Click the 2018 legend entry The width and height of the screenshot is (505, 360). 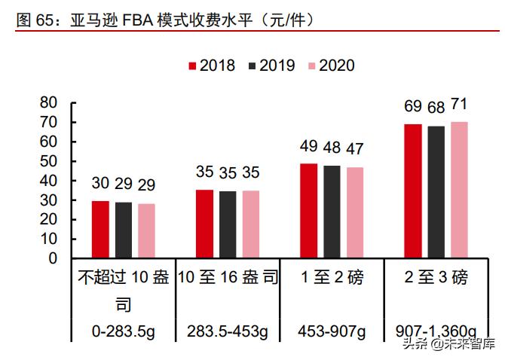coord(211,66)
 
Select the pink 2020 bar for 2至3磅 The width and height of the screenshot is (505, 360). coord(459,190)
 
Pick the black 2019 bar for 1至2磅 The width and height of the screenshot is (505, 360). coord(332,212)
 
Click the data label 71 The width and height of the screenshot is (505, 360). coord(459,105)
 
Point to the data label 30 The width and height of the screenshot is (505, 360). coord(100,183)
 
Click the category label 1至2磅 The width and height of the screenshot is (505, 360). coord(332,278)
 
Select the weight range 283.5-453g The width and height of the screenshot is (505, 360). coord(228,331)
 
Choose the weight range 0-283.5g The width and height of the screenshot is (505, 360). coord(124,331)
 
